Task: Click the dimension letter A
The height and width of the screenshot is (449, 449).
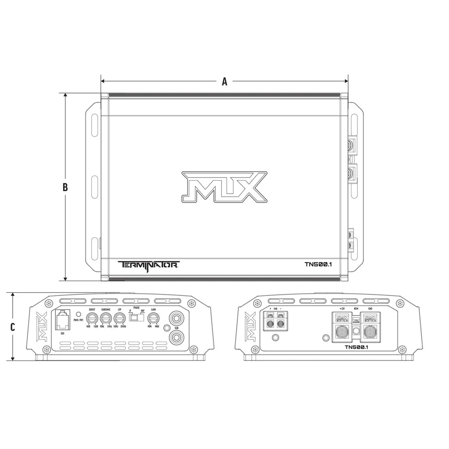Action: point(224,81)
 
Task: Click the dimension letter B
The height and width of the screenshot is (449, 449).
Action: point(65,187)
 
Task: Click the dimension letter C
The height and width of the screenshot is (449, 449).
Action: point(13,327)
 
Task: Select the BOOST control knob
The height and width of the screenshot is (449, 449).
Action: point(92,318)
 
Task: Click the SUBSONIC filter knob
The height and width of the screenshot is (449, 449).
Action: point(105,318)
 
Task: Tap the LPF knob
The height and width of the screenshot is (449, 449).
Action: point(118,318)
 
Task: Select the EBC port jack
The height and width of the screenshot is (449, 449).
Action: point(63,320)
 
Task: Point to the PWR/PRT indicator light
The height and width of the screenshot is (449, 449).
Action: point(79,314)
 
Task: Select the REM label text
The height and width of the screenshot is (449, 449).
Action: point(356,309)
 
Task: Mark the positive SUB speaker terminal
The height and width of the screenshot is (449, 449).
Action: point(269,324)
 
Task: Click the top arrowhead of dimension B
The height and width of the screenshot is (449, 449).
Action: point(65,95)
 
